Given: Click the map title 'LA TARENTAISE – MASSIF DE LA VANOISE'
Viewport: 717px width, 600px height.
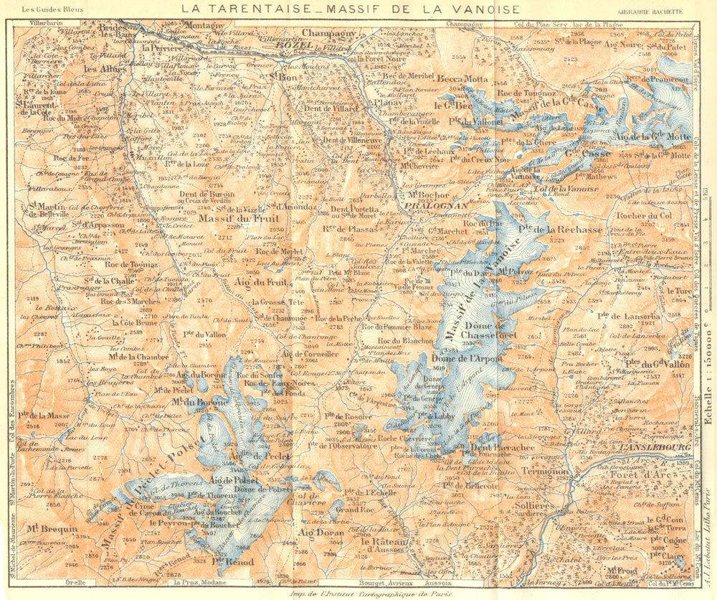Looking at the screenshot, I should [350, 9].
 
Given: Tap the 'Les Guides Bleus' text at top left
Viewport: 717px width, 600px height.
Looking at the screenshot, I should [53, 10].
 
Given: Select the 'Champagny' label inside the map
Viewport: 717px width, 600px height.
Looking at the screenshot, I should [328, 33].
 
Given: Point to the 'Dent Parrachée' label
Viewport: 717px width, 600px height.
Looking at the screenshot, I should [503, 448].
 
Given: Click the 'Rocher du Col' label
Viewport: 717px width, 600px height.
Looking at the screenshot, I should [643, 215].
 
